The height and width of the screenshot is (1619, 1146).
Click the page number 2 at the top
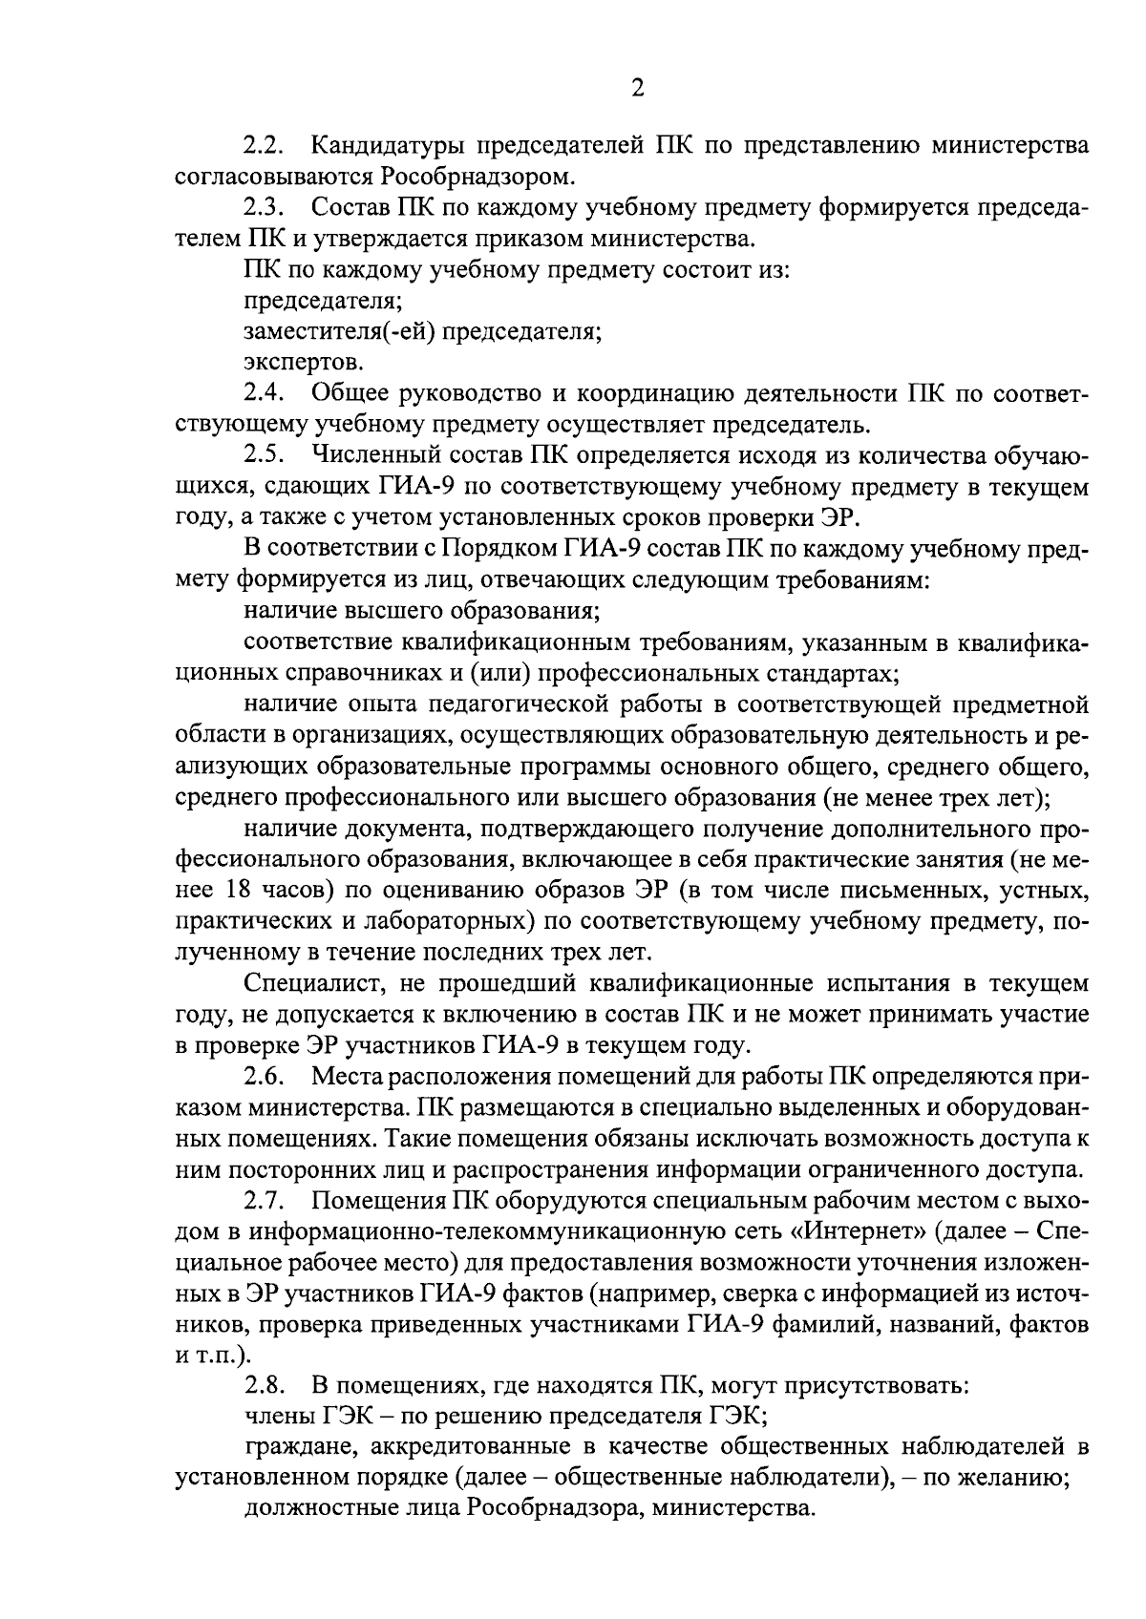[638, 89]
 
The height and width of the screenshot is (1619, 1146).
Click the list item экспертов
[303, 363]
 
